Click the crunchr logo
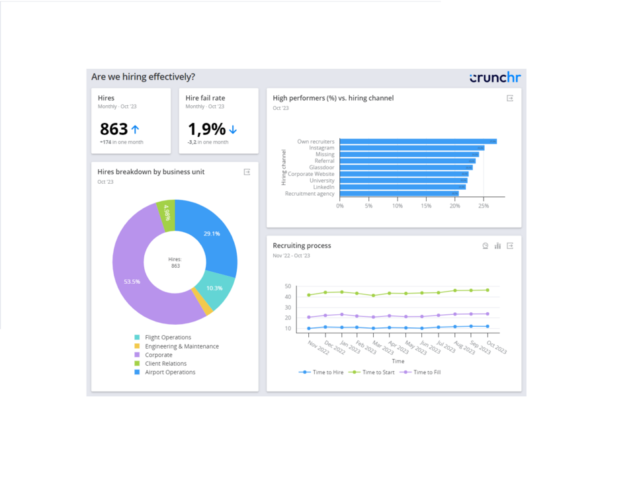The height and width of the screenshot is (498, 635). click(x=495, y=77)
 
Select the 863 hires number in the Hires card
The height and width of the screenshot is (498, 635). click(x=114, y=129)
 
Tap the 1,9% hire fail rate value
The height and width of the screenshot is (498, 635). click(x=206, y=129)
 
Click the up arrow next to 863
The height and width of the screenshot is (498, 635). click(x=136, y=130)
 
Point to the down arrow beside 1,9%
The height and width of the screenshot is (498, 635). click(x=233, y=130)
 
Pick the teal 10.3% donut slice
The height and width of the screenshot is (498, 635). click(x=215, y=289)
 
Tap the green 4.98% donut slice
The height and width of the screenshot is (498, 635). click(x=167, y=214)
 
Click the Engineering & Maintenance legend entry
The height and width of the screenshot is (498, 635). click(x=181, y=347)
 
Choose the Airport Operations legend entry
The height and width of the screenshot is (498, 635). click(x=170, y=372)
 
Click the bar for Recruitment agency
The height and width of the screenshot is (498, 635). click(x=398, y=194)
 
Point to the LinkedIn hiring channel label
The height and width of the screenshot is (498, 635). click(x=323, y=187)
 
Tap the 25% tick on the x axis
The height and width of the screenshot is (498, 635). click(x=484, y=206)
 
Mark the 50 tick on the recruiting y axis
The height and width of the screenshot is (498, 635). click(x=288, y=286)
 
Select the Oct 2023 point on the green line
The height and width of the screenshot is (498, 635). click(x=487, y=290)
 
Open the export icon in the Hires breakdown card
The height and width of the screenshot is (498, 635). click(x=247, y=172)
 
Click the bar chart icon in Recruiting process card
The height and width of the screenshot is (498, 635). click(x=497, y=246)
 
